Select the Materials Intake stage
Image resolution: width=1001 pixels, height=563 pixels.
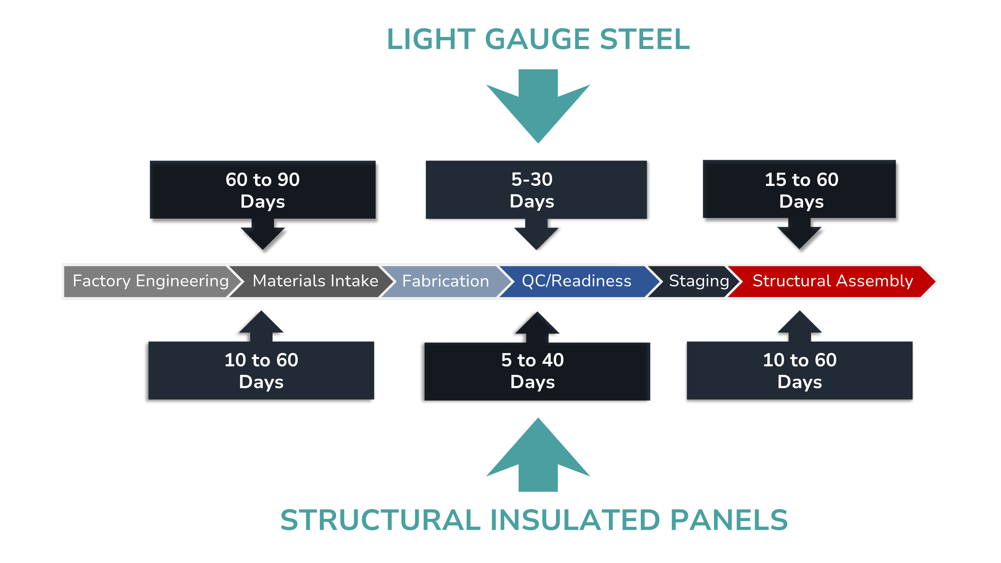click(x=315, y=281)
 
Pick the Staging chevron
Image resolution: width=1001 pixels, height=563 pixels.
click(x=698, y=281)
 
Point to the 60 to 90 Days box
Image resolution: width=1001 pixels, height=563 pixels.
click(x=263, y=190)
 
